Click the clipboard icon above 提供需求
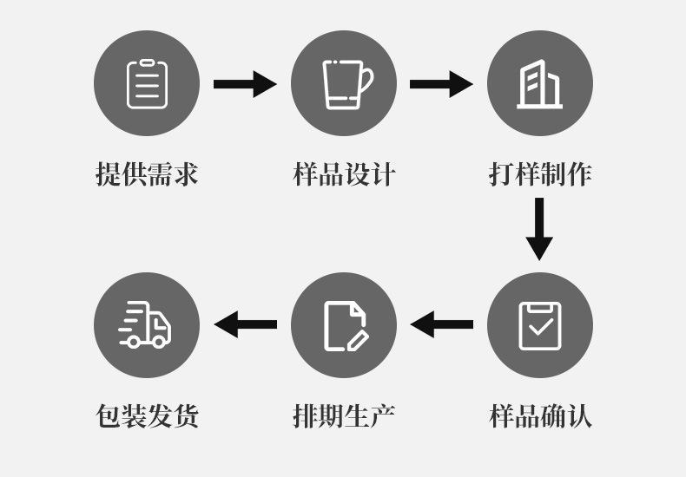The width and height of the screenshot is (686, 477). [146, 83]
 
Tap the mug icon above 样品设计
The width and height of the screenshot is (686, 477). [344, 83]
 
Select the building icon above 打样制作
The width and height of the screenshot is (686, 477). [540, 83]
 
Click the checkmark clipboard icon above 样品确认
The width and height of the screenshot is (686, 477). [540, 325]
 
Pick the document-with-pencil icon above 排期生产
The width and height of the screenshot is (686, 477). [344, 325]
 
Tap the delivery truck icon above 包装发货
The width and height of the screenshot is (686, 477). [146, 325]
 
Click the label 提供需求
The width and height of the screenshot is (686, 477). [146, 174]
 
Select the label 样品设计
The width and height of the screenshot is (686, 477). [344, 174]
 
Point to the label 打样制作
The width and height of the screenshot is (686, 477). [540, 174]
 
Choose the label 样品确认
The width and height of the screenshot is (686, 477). [540, 415]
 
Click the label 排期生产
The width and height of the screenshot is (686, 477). [344, 415]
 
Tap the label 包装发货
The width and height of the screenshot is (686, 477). [146, 415]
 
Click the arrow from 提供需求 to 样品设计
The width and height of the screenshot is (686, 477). [245, 84]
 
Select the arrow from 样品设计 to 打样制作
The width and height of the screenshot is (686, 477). [441, 84]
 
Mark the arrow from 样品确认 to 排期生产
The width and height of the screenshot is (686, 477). [441, 325]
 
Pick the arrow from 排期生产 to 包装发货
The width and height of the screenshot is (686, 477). [245, 325]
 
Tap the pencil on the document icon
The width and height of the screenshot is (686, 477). [358, 339]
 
